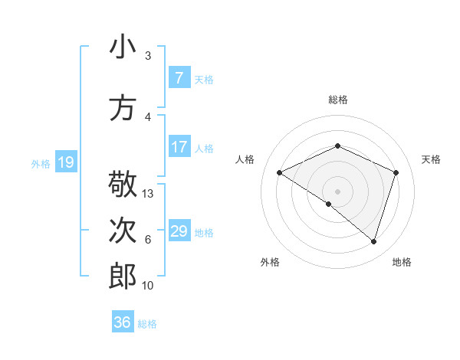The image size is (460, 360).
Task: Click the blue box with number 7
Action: (179, 78)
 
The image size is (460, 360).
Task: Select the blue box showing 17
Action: (179, 147)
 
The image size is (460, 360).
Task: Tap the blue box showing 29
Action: (179, 231)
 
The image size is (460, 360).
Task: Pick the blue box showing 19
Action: (65, 162)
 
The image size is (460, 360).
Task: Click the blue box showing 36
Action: (123, 322)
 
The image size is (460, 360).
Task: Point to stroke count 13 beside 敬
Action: (148, 194)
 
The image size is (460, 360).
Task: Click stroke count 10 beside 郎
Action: (148, 286)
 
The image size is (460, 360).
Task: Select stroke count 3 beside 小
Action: (148, 56)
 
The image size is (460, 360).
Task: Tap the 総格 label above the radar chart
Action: (337, 100)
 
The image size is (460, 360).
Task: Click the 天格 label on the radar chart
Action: (431, 159)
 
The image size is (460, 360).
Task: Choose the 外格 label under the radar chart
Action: (270, 262)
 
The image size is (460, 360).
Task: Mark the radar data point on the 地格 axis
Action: (373, 241)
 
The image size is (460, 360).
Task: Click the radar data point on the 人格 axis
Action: (280, 172)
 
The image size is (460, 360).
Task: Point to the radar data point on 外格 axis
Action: (329, 204)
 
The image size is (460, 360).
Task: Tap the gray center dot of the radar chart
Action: (337, 191)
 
